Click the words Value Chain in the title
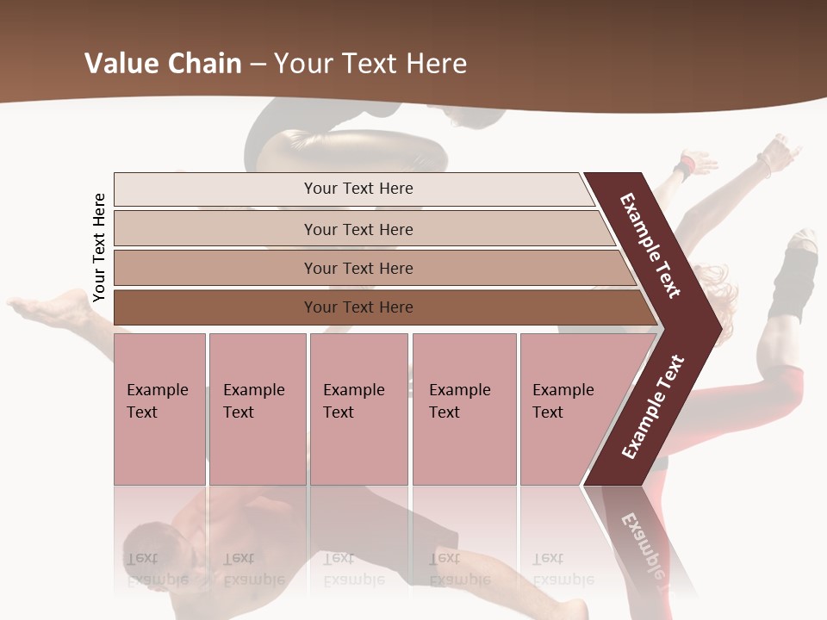tap(163, 63)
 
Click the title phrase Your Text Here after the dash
tap(370, 63)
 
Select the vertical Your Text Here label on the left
tap(99, 247)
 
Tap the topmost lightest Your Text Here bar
tap(358, 189)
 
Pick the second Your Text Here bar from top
tap(358, 229)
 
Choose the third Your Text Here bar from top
tap(358, 268)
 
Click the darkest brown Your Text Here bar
tap(358, 307)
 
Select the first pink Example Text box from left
tap(159, 409)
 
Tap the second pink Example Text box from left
tap(257, 409)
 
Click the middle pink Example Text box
tap(358, 409)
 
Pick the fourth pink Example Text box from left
tap(463, 409)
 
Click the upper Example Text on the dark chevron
tap(650, 245)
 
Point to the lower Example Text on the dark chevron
tap(653, 406)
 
